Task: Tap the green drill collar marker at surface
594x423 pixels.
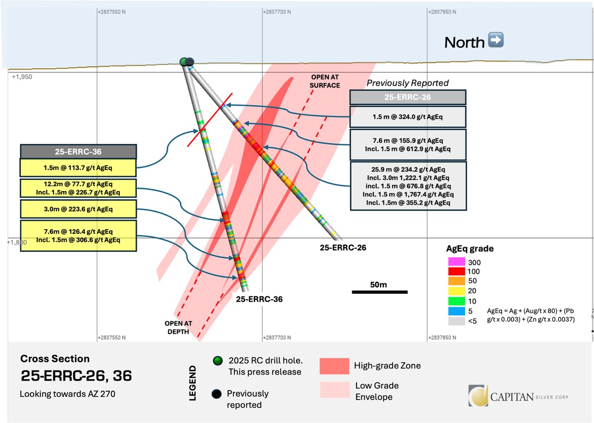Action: coord(183,61)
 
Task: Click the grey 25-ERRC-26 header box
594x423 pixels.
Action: coord(408,97)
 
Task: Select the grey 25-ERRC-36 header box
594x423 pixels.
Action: coord(78,151)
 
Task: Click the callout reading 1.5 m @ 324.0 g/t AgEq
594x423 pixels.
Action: coord(408,117)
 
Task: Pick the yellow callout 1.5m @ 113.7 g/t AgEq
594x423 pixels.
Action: coord(78,167)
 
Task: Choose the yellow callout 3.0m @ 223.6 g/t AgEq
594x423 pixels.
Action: coord(78,210)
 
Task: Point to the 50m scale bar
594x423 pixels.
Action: coord(379,292)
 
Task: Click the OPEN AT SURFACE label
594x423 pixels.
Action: coord(325,81)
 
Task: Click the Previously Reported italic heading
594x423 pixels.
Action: coord(408,83)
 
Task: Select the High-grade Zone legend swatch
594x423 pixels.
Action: coord(334,365)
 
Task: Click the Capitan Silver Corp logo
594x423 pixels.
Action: coord(518,395)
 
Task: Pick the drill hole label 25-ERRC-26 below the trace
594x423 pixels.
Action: coord(342,248)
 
